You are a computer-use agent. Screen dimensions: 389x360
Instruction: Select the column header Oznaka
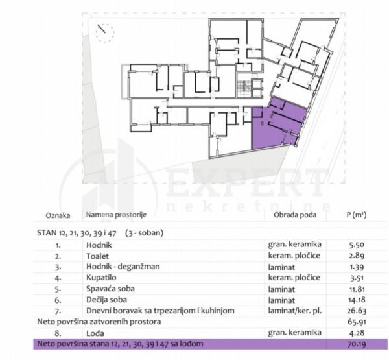[x=58, y=215]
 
